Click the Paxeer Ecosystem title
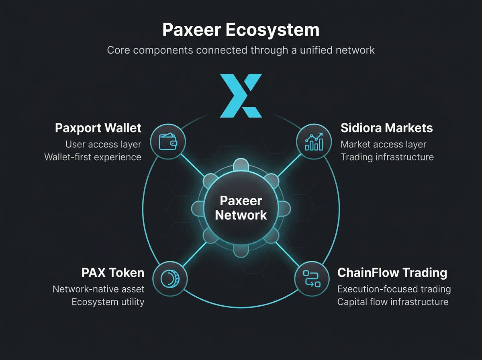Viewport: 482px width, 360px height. pos(241,31)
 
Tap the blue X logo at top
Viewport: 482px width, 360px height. pos(241,96)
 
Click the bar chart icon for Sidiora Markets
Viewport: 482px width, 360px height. pos(314,142)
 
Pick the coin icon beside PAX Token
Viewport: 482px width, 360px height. pos(170,279)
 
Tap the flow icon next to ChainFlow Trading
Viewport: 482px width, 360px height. pos(312,278)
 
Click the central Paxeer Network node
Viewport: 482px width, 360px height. pos(241,207)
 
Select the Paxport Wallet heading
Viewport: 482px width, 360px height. pos(98,128)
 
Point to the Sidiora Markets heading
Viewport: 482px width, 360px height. pos(386,128)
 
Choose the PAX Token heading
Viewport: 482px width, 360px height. pos(112,273)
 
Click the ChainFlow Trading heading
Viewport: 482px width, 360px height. pos(392,273)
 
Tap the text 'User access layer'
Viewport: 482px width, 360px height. pos(103,144)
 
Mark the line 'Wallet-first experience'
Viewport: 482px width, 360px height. pos(93,157)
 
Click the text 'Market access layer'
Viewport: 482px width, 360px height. pos(383,144)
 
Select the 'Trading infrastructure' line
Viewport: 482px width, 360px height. pos(387,157)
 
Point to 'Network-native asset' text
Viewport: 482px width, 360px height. pos(98,289)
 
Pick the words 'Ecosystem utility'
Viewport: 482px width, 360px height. pos(108,302)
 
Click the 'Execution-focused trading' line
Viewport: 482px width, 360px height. pos(394,289)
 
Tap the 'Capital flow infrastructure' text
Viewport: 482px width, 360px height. pos(393,302)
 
